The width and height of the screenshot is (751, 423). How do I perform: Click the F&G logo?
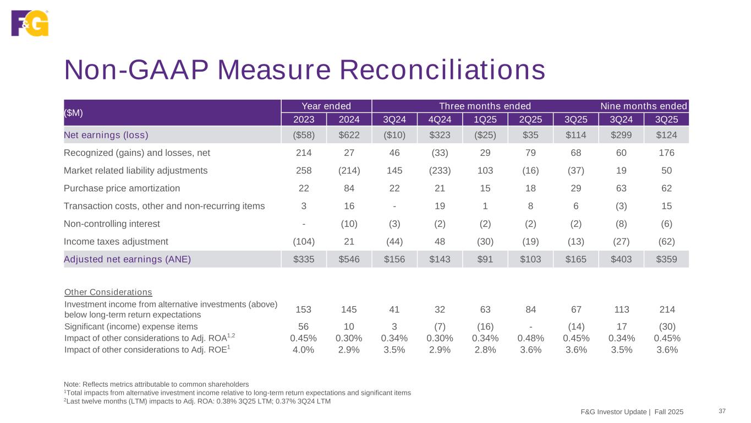[x=30, y=23]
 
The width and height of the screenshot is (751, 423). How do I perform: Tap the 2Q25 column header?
[x=530, y=120]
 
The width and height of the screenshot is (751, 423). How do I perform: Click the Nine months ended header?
[x=643, y=106]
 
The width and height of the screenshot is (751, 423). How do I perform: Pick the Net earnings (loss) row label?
[x=106, y=134]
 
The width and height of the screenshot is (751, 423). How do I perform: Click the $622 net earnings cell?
[x=348, y=134]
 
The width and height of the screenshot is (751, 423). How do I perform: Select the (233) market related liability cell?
[x=440, y=170]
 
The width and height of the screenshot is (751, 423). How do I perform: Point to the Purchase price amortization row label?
[x=122, y=188]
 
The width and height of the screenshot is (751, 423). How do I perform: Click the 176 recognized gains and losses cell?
[x=666, y=153]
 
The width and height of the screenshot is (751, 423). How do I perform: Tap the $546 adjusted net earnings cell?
[x=348, y=259]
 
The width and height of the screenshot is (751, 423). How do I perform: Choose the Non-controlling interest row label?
[x=112, y=224]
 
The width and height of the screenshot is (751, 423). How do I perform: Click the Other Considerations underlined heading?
[x=108, y=291]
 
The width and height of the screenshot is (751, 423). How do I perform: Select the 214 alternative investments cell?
[x=666, y=310]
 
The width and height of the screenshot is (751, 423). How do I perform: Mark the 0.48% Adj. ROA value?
[x=530, y=338]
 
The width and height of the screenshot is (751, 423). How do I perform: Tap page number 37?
[x=722, y=411]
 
